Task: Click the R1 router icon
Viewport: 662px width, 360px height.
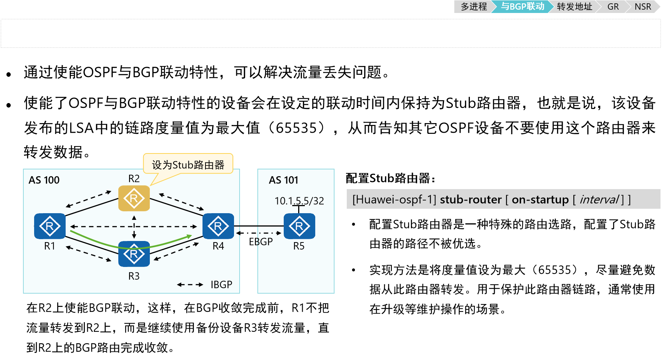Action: point(50,226)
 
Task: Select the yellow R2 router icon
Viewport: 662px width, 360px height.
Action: point(134,198)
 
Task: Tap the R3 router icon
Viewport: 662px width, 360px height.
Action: point(134,254)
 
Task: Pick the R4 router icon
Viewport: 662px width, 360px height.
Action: point(218,226)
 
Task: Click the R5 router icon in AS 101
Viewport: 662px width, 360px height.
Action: point(299,226)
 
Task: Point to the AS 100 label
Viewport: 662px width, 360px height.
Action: point(44,180)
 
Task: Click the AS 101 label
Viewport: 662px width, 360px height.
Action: point(284,180)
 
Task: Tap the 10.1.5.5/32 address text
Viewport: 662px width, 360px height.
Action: point(299,201)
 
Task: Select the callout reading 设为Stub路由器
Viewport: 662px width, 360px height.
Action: point(188,165)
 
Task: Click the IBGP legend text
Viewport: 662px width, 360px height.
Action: point(221,285)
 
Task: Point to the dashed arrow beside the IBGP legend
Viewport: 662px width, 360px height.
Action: point(190,285)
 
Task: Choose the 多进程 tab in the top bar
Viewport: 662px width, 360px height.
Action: point(474,7)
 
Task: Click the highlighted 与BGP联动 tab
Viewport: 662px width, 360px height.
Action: point(522,7)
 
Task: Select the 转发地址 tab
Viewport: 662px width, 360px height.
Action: point(574,7)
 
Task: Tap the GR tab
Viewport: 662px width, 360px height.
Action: point(613,7)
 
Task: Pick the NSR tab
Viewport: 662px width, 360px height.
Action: point(643,7)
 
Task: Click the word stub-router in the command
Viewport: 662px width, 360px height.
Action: point(470,199)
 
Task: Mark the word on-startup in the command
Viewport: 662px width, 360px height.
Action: point(540,199)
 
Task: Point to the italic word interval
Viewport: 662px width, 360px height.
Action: point(599,199)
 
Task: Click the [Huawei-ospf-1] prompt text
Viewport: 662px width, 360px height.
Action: point(394,199)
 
